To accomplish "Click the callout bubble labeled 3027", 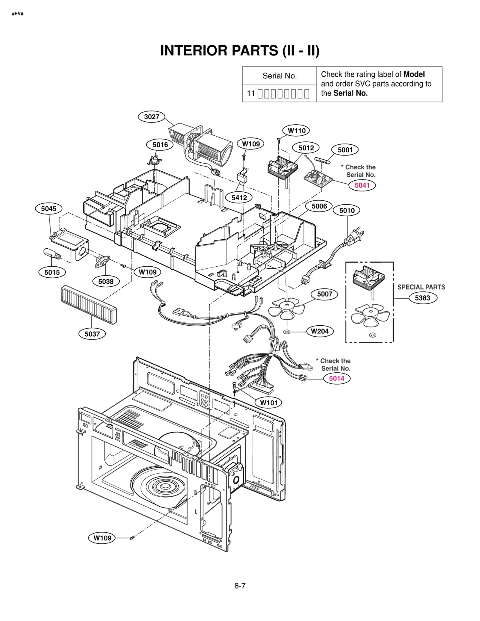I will [x=151, y=117].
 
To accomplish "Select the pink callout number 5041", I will [x=362, y=185].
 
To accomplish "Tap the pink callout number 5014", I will [x=337, y=378].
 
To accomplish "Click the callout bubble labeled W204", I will [x=320, y=331].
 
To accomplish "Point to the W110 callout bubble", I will [x=296, y=131].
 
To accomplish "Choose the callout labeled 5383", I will [x=422, y=298].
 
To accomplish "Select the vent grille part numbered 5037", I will [x=89, y=305].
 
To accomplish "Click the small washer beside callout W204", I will [x=287, y=332].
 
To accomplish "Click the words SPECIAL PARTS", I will [x=421, y=287].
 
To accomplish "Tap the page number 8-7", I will [x=240, y=586].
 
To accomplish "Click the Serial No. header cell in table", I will [x=279, y=76].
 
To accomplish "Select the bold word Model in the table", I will [x=414, y=74].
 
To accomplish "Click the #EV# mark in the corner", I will [x=18, y=14].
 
